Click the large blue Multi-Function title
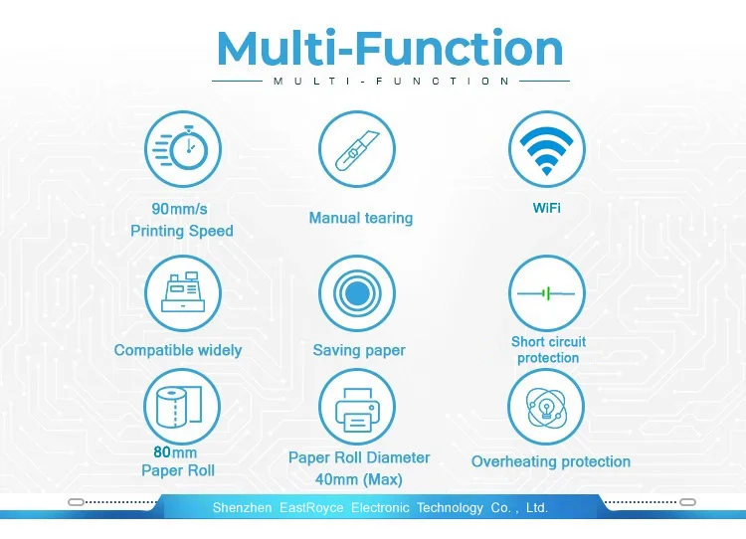click(390, 48)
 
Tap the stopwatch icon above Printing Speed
click(183, 148)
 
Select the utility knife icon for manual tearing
click(357, 149)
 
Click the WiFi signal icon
click(547, 149)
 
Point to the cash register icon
click(183, 292)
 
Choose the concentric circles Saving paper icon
click(357, 293)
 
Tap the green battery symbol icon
click(547, 293)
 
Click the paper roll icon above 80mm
click(182, 407)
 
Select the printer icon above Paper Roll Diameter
click(357, 407)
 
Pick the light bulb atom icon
click(546, 407)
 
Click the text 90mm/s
click(179, 209)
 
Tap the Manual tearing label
click(361, 218)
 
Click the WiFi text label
click(547, 208)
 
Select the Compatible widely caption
click(178, 350)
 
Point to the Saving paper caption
click(359, 351)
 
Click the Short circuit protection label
click(548, 350)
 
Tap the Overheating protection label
click(551, 461)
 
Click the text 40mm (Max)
click(359, 479)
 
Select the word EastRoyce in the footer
click(311, 508)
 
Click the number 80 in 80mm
click(162, 451)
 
